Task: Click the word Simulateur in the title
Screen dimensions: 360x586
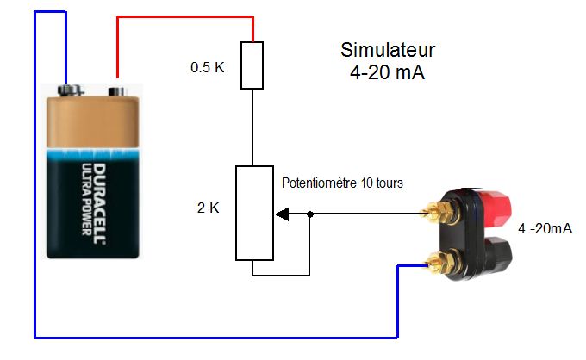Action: click(x=388, y=50)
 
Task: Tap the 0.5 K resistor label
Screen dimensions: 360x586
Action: click(x=208, y=66)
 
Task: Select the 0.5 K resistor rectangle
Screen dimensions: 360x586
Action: click(x=252, y=67)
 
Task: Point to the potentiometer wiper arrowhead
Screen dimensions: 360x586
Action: click(x=279, y=214)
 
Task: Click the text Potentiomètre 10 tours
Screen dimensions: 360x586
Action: click(x=343, y=183)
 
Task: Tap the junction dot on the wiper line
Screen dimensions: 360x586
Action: click(x=309, y=214)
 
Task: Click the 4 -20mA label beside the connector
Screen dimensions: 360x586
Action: click(x=545, y=228)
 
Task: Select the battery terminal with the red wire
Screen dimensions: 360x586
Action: click(x=115, y=88)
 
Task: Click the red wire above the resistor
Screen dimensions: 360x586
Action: click(x=185, y=18)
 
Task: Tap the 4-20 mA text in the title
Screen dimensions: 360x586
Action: click(x=388, y=72)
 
